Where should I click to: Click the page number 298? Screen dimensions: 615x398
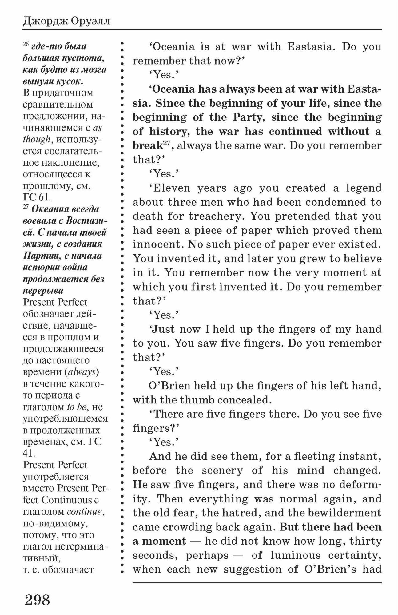tap(37, 599)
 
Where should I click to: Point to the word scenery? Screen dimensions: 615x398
tap(222, 470)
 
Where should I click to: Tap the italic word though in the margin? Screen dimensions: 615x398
tap(36, 139)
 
